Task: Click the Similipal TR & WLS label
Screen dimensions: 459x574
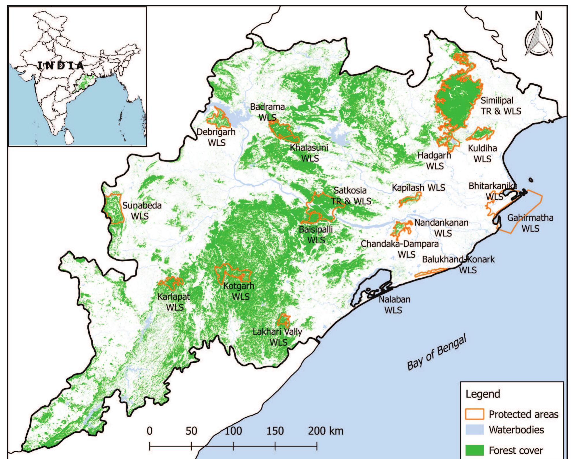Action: click(501, 106)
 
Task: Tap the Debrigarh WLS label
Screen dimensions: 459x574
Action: click(216, 137)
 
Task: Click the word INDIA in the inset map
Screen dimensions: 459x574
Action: click(61, 66)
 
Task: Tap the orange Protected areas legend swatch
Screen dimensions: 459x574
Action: click(474, 414)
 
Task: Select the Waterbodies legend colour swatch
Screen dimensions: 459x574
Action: click(474, 430)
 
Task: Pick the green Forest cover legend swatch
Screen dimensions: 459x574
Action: click(474, 450)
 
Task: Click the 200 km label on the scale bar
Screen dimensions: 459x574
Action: click(326, 431)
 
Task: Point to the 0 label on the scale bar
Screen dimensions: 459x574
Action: click(150, 431)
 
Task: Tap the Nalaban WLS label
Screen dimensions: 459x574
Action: click(394, 305)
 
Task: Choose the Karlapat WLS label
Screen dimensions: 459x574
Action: click(174, 302)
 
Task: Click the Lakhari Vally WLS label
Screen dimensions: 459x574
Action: click(278, 337)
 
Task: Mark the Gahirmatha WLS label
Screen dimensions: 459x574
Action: click(530, 223)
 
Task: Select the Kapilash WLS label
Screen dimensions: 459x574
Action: click(418, 188)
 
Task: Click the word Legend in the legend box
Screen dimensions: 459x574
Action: click(483, 394)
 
